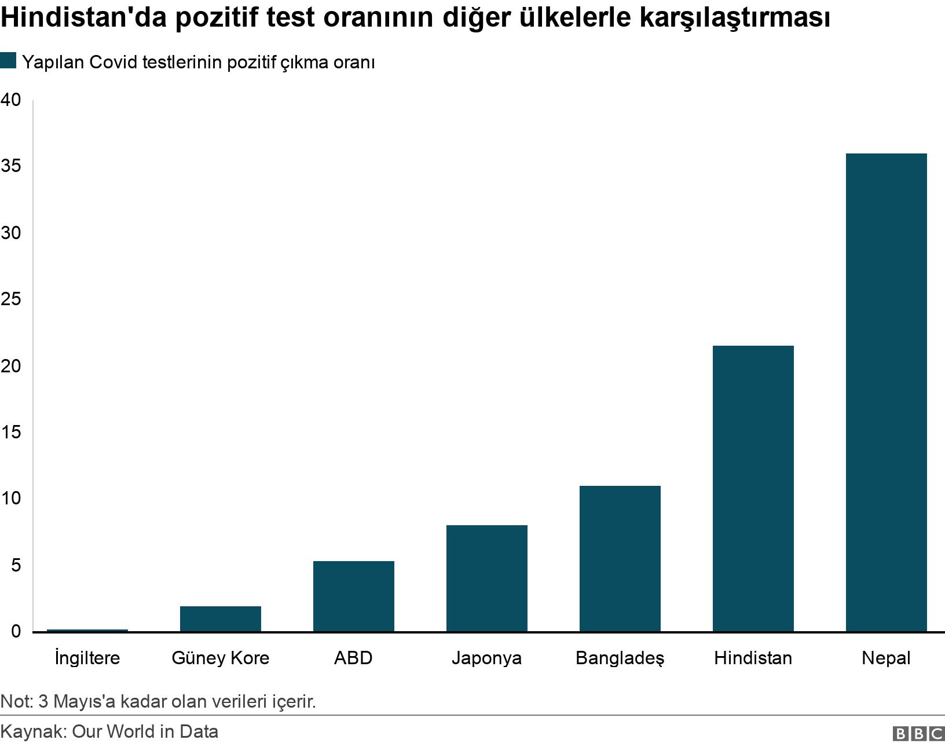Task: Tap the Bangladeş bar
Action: coord(620,558)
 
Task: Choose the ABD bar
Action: coord(353,596)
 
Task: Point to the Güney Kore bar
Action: coord(220,618)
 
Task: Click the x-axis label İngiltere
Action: coord(87,658)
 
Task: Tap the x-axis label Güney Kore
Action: coord(220,658)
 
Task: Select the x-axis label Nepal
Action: coord(886,658)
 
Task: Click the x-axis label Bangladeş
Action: coord(620,658)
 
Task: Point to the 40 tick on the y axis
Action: coord(10,100)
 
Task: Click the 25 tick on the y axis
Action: coord(10,299)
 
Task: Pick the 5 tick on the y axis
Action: coord(15,565)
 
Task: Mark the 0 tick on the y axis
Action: coord(15,631)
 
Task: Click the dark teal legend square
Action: coord(8,61)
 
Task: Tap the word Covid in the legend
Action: coord(113,62)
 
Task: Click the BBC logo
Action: coord(918,733)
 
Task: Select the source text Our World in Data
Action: coord(145,731)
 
